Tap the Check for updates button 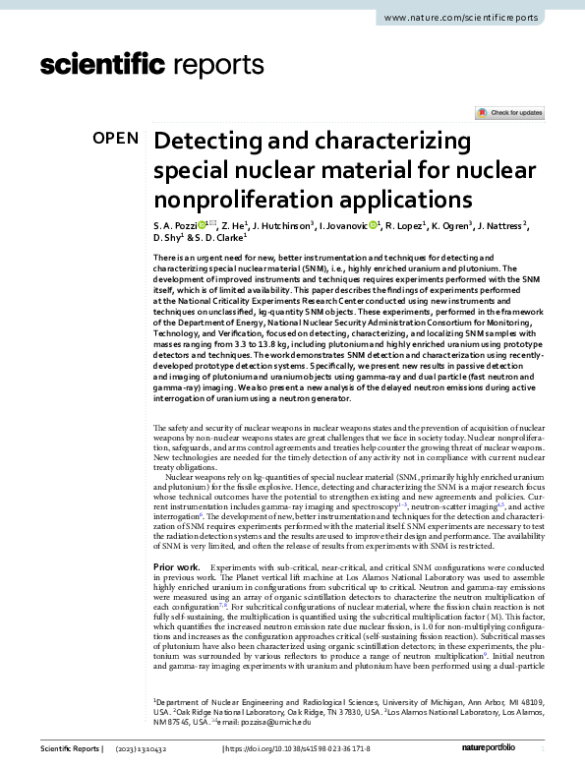pyautogui.click(x=508, y=113)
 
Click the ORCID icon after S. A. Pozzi pyautogui.click(x=205, y=226)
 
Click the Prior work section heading pyautogui.click(x=178, y=569)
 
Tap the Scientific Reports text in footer pyautogui.click(x=69, y=749)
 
